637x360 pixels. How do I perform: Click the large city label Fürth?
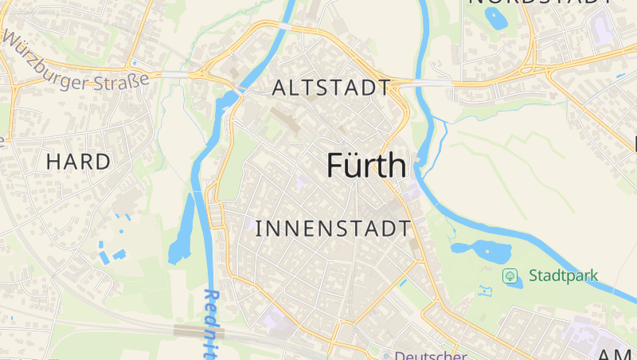pos(366,165)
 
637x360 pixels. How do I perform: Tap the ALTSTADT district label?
pos(331,88)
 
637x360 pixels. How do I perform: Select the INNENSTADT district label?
pos(333,229)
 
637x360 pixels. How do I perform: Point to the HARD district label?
pos(78,162)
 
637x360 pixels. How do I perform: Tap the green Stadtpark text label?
pos(563,276)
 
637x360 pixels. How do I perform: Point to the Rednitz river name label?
pos(213,323)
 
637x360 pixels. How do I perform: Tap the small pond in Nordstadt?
pos(496,20)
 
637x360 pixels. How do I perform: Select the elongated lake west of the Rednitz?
pos(182,231)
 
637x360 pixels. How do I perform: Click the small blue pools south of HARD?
pos(111,253)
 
